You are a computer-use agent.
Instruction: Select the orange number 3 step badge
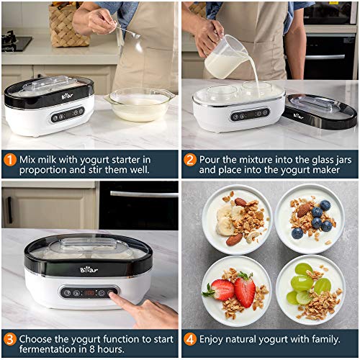9,338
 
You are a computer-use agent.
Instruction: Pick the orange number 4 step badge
189,338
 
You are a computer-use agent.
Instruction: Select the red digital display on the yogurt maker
89,293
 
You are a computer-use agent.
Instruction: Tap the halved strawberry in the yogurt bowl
244,291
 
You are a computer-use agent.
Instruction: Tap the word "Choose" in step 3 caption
37,338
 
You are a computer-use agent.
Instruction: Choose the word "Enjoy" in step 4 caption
214,338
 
